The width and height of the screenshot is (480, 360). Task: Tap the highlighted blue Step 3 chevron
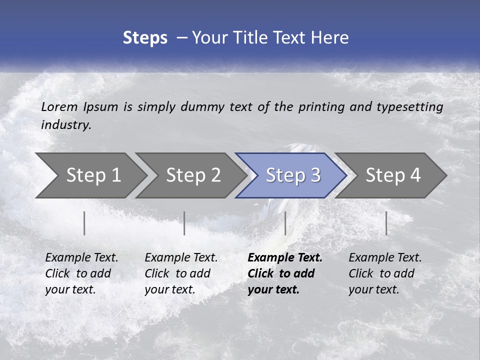pyautogui.click(x=292, y=175)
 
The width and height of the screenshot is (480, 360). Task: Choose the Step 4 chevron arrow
pyautogui.click(x=392, y=175)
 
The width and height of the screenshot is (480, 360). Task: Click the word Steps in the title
pyautogui.click(x=145, y=38)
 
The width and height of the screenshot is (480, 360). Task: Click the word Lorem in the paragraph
pyautogui.click(x=59, y=106)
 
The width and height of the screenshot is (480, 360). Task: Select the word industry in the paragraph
pyautogui.click(x=65, y=124)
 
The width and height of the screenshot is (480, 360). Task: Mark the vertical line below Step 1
pyautogui.click(x=84, y=223)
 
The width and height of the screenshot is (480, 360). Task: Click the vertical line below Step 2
pyautogui.click(x=184, y=223)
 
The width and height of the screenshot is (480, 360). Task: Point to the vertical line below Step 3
pyautogui.click(x=285, y=223)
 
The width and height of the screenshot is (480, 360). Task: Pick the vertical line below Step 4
pyautogui.click(x=386, y=223)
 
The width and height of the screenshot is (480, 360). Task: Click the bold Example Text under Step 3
pyautogui.click(x=285, y=258)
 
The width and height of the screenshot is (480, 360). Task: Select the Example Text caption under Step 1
pyautogui.click(x=81, y=258)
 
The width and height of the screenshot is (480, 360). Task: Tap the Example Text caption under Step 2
pyautogui.click(x=181, y=258)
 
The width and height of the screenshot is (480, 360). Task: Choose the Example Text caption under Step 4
pyautogui.click(x=385, y=258)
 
